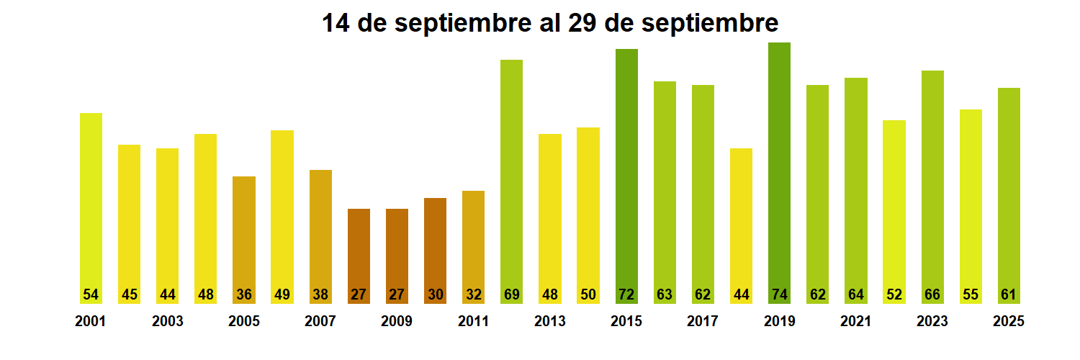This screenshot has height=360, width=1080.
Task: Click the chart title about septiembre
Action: click(x=549, y=23)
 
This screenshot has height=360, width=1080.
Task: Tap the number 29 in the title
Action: click(x=582, y=23)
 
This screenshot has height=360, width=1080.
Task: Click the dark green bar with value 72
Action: click(x=626, y=173)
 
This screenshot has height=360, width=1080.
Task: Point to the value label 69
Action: click(x=512, y=294)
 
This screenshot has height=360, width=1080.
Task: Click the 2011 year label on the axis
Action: click(x=473, y=322)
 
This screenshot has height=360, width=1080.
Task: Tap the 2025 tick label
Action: click(x=1008, y=322)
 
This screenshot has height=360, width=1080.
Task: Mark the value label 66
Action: click(x=932, y=294)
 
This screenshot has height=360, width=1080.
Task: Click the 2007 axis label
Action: click(x=320, y=322)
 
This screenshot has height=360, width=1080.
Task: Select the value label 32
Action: click(x=473, y=294)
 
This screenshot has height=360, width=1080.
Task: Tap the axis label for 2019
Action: click(x=779, y=322)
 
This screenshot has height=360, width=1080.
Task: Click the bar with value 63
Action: click(x=665, y=187)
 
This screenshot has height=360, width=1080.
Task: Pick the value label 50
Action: click(x=588, y=294)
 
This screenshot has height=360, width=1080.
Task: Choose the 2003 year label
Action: click(x=167, y=322)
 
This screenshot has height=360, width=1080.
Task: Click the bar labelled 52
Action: click(x=894, y=209)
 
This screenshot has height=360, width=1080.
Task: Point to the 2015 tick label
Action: click(x=626, y=322)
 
